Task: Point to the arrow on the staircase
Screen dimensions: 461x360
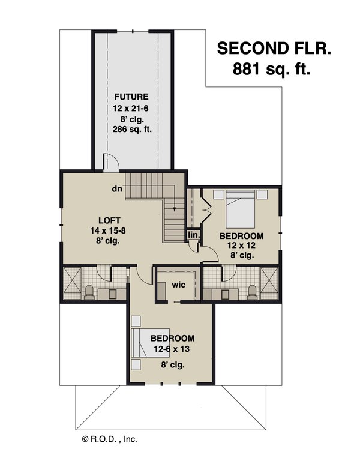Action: point(175,208)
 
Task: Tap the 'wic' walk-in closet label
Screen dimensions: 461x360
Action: point(178,285)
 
